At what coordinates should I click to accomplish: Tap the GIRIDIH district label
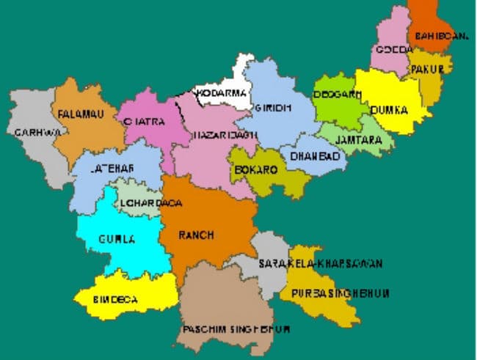click(x=273, y=108)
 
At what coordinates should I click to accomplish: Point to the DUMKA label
click(x=389, y=110)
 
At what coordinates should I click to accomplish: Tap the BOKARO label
click(x=255, y=169)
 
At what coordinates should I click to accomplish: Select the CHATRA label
click(x=145, y=122)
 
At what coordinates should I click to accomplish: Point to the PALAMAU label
click(x=78, y=114)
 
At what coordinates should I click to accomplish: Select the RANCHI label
click(x=197, y=235)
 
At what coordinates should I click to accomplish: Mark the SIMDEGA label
click(x=116, y=301)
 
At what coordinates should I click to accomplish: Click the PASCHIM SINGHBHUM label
click(x=231, y=327)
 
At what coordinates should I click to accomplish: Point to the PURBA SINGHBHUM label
click(x=340, y=293)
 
